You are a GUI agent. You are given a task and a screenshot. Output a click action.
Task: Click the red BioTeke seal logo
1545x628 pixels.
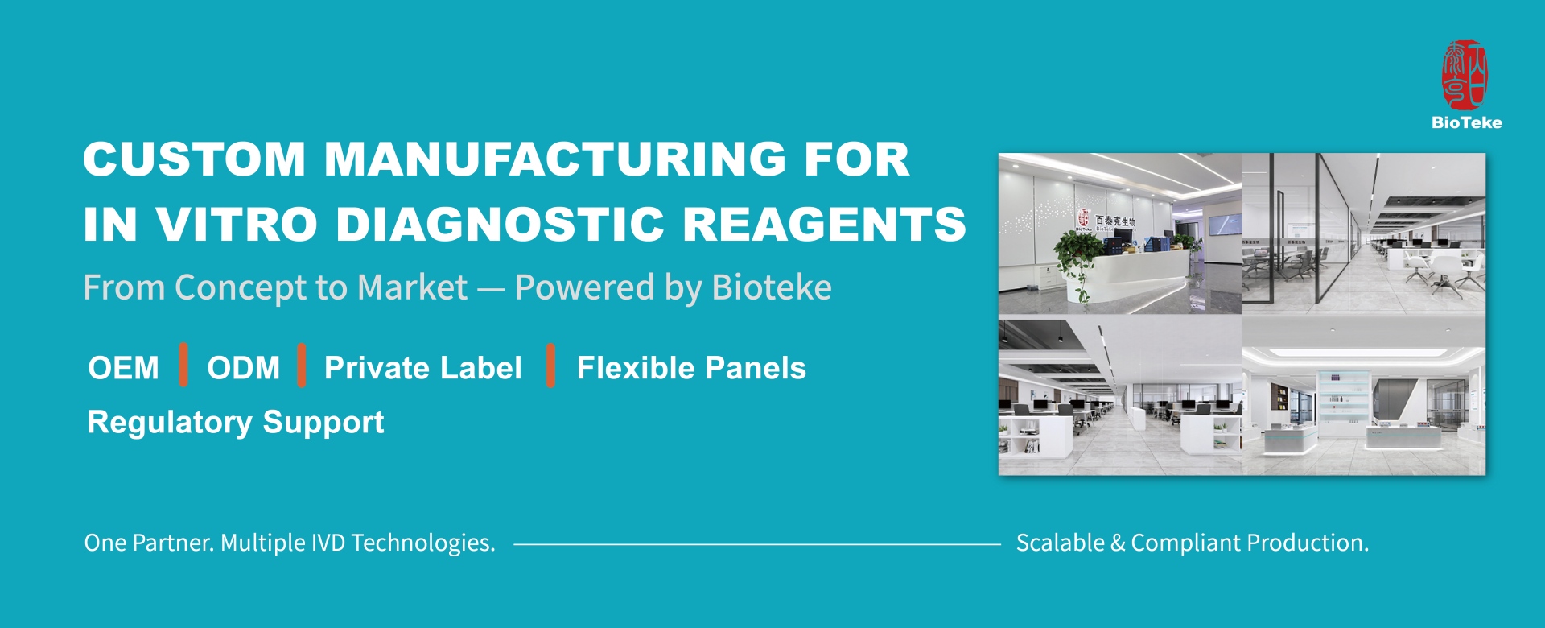(1465, 76)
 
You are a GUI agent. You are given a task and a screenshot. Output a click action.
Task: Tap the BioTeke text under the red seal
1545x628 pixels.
(1466, 122)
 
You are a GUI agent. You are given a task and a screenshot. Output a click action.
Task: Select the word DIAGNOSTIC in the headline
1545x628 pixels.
(500, 224)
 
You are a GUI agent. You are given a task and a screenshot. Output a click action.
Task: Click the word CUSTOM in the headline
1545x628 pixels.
(194, 159)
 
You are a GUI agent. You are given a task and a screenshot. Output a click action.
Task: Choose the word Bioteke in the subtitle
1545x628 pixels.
(772, 287)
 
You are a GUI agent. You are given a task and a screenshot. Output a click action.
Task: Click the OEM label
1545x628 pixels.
(124, 368)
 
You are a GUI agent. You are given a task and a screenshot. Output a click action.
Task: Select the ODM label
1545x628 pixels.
(243, 368)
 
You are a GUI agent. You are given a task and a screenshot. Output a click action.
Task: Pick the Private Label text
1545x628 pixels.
(422, 368)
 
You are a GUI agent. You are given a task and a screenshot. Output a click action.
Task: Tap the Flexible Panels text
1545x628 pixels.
(691, 368)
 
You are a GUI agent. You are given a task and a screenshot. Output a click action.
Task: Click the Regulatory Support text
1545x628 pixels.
(235, 422)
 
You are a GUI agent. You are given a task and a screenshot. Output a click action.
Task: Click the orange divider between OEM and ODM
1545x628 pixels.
(183, 365)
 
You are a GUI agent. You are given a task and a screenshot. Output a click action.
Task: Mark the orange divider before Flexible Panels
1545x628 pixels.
(550, 365)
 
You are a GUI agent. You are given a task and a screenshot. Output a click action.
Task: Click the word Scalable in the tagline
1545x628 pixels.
(1060, 543)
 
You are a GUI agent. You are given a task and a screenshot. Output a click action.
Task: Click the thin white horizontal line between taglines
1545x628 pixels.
(756, 544)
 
